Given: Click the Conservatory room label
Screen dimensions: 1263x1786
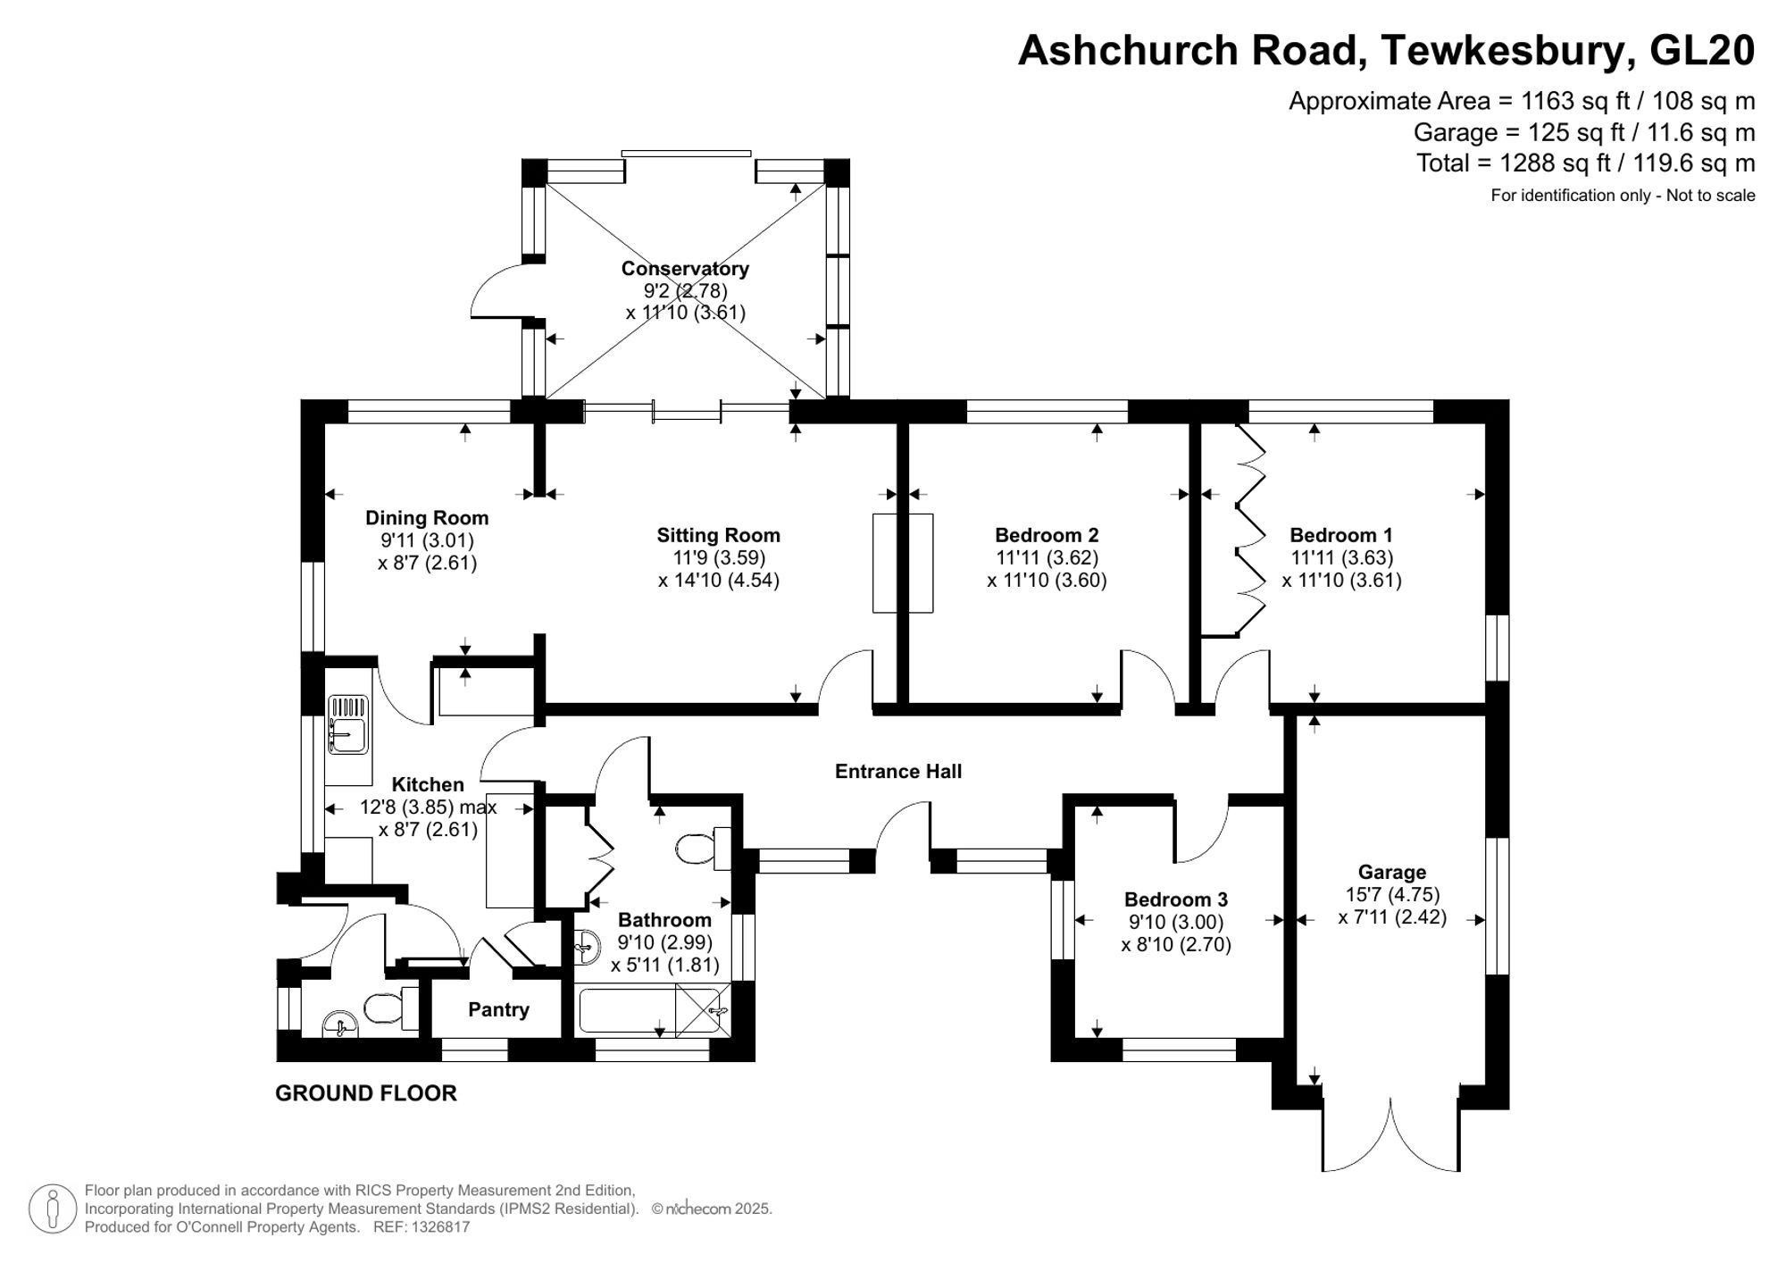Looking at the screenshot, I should pyautogui.click(x=685, y=268).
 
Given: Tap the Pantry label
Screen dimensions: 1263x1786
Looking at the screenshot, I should pyautogui.click(x=498, y=1009).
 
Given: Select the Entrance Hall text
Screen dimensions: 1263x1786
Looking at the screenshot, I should pyautogui.click(x=897, y=771).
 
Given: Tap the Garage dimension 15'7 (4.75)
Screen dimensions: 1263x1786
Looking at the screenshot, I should pyautogui.click(x=1392, y=894).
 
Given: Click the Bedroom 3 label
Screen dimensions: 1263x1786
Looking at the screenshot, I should pyautogui.click(x=1175, y=899).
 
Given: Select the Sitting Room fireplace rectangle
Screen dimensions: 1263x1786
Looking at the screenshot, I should pyautogui.click(x=902, y=563).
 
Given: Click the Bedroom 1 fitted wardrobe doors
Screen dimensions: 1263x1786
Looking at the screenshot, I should pyautogui.click(x=1250, y=531).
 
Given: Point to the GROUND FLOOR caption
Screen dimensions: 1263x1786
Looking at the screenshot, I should pyautogui.click(x=365, y=1093).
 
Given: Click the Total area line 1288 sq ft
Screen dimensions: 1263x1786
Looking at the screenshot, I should pyautogui.click(x=1585, y=163).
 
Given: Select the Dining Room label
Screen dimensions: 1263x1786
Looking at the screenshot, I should pyautogui.click(x=427, y=518).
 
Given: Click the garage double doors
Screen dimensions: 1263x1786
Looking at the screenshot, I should pyautogui.click(x=1390, y=1139).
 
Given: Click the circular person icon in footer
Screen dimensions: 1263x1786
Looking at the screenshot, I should pyautogui.click(x=52, y=1209).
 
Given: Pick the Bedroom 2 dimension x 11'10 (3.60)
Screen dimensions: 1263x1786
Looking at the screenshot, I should pyautogui.click(x=1047, y=580).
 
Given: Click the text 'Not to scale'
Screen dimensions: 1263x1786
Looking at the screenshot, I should pyautogui.click(x=1710, y=196).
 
